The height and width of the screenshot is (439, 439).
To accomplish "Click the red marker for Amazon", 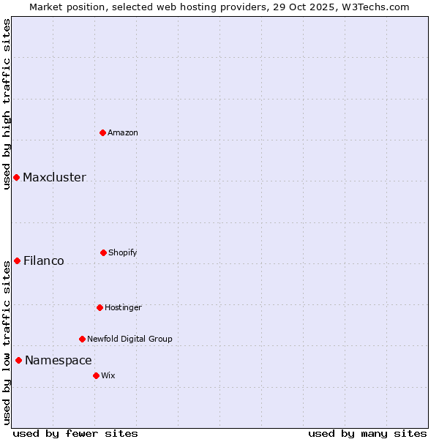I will point(102,132).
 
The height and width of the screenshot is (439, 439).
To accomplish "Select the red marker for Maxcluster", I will point(16,178).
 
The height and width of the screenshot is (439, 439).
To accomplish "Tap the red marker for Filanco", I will point(17,260).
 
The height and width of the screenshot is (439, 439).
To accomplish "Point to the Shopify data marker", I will point(103,252).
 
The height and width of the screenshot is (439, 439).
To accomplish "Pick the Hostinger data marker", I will point(100,307).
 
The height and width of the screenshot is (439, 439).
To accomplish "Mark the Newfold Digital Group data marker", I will point(82,339).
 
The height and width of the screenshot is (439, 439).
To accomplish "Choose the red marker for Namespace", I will point(18,360).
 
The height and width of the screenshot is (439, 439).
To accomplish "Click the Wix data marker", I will point(96,375).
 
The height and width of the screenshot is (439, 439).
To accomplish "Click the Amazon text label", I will point(123,132).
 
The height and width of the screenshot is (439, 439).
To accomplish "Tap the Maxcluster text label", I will point(54,178).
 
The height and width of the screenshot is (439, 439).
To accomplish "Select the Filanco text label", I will point(44,261).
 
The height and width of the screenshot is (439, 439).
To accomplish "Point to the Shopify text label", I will point(123,252).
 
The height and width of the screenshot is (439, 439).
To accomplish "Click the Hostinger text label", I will point(123,307).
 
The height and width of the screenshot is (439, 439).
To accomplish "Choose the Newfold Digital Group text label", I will point(130,339).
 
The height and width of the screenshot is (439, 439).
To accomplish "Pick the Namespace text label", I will point(59,361).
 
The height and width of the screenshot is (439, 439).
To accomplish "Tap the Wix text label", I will point(108,375).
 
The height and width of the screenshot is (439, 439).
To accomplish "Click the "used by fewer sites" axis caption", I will point(75,433).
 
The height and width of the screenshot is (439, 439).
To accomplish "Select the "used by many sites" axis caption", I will point(367,433).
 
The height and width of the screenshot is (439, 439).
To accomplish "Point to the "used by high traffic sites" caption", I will point(7,104).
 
